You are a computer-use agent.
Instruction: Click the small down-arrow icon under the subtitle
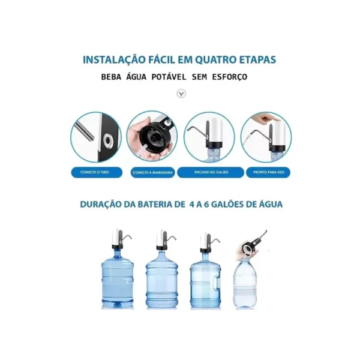[x=181, y=94]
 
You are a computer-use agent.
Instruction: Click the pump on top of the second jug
[x=162, y=239]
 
